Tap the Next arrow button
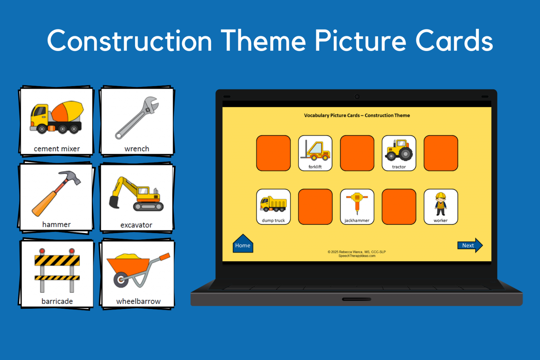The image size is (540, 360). click(469, 245)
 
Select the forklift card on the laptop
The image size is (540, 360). click(315, 153)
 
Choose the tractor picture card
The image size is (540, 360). click(399, 153)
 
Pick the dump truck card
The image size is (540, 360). click(273, 207)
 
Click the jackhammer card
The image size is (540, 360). click(357, 207)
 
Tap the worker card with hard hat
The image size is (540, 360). click(441, 207)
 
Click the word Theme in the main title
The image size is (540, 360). click(263, 41)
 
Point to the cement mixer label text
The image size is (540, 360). click(57, 149)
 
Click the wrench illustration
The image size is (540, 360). click(137, 118)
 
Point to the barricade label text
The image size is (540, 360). click(57, 301)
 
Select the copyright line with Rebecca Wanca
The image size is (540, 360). click(356, 252)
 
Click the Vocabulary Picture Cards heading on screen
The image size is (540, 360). click(356, 115)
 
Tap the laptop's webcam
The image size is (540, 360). click(357, 97)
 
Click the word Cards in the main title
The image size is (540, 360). click(454, 41)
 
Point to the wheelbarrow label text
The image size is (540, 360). click(138, 301)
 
